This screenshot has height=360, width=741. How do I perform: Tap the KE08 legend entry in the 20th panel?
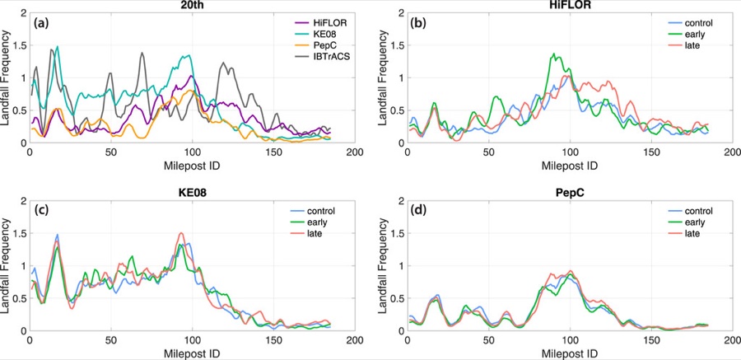coord(319,33)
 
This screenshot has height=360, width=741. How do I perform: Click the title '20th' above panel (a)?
coord(193,5)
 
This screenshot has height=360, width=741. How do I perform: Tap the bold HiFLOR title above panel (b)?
coord(570,5)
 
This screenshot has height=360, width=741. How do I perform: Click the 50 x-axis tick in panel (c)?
coord(110,340)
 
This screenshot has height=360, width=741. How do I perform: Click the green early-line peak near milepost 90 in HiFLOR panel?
coord(554,54)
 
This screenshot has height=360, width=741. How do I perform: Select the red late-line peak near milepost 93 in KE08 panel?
coord(180,233)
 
